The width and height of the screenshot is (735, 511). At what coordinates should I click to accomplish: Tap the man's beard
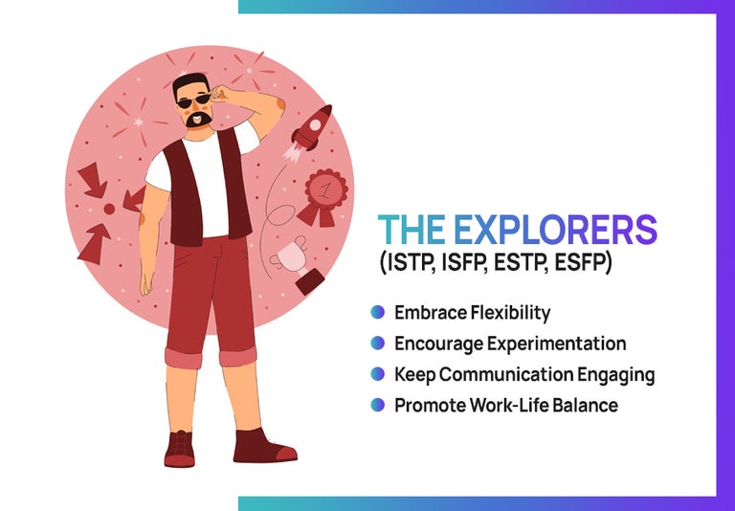click(199, 120)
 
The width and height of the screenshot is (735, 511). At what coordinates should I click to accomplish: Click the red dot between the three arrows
click(109, 208)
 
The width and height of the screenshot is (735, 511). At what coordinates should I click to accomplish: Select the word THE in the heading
click(412, 231)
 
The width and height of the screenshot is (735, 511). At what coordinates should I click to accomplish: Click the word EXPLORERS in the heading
click(555, 231)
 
